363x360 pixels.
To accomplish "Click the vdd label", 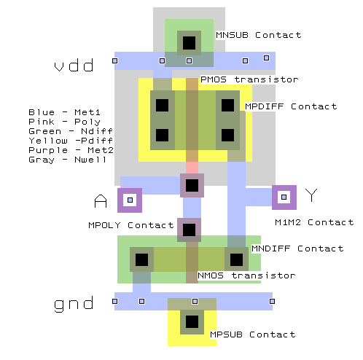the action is [x=74, y=65].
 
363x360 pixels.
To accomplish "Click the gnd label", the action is [x=74, y=304].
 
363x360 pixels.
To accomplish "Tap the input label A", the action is [x=101, y=201].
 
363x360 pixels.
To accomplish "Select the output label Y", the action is [x=311, y=195].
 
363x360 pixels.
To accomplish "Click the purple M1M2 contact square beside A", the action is [x=130, y=200].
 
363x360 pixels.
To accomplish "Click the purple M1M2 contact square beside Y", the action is [x=284, y=197].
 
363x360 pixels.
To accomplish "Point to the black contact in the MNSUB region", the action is [x=189, y=43].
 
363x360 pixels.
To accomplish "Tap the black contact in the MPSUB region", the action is [x=192, y=322].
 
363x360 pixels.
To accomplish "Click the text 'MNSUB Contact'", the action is [x=259, y=35].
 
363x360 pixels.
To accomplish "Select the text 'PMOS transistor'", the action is [x=249, y=79].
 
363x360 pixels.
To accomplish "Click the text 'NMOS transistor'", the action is [x=246, y=275].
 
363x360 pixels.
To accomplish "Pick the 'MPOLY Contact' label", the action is [x=131, y=225].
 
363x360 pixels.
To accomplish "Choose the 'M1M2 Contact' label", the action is [x=314, y=222].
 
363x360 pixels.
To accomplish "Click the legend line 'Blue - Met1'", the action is [x=64, y=112].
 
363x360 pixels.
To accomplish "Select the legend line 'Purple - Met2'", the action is [x=71, y=150].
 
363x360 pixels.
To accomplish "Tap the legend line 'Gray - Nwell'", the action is [x=68, y=160].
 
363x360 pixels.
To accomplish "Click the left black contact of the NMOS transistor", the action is [x=141, y=259].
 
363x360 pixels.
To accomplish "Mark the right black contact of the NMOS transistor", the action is [x=236, y=259].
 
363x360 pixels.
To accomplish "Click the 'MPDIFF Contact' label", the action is [x=291, y=106].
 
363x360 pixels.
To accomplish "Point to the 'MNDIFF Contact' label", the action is [x=297, y=249].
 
